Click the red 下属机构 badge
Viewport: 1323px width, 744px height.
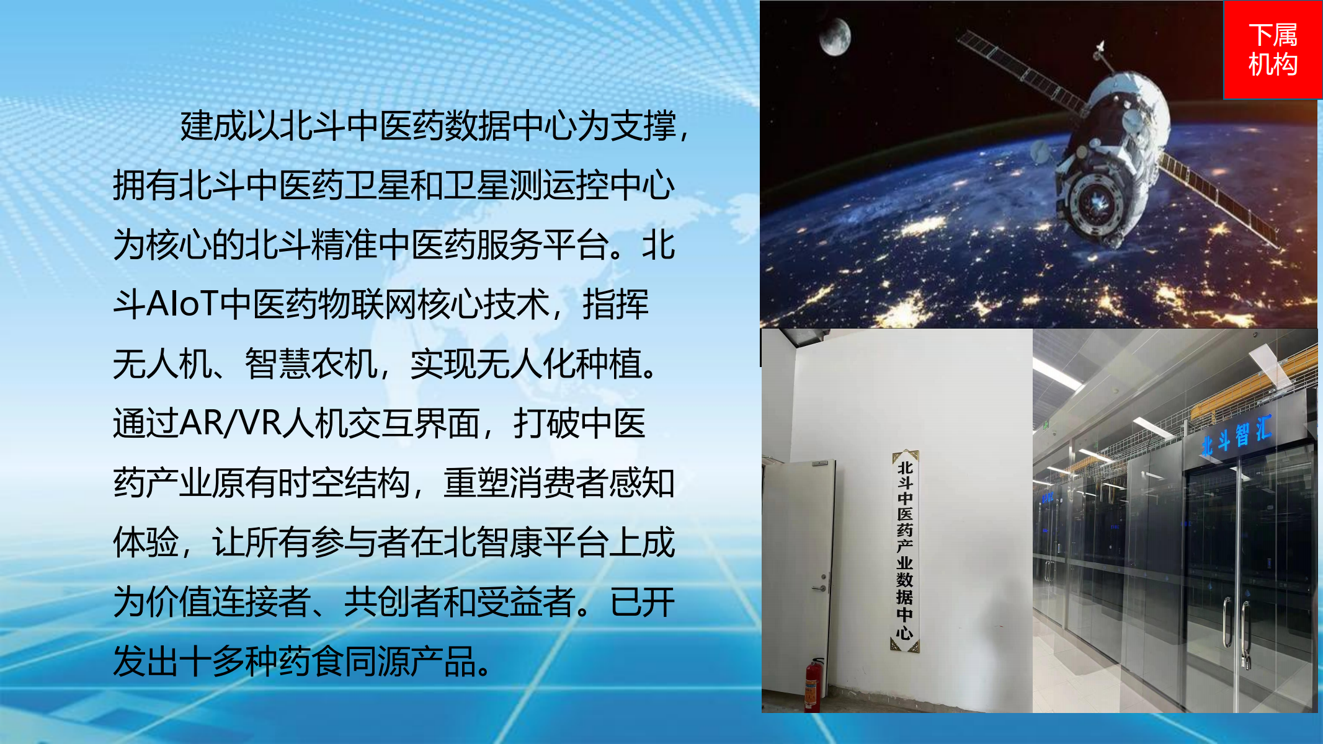1272,50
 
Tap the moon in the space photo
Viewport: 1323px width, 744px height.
835,37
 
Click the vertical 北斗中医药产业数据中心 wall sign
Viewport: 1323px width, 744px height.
905,551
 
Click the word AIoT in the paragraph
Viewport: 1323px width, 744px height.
183,304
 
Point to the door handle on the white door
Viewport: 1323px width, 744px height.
821,586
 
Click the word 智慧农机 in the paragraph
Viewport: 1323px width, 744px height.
311,364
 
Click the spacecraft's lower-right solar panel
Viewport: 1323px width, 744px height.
1218,199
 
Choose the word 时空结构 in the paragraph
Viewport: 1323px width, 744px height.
344,483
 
